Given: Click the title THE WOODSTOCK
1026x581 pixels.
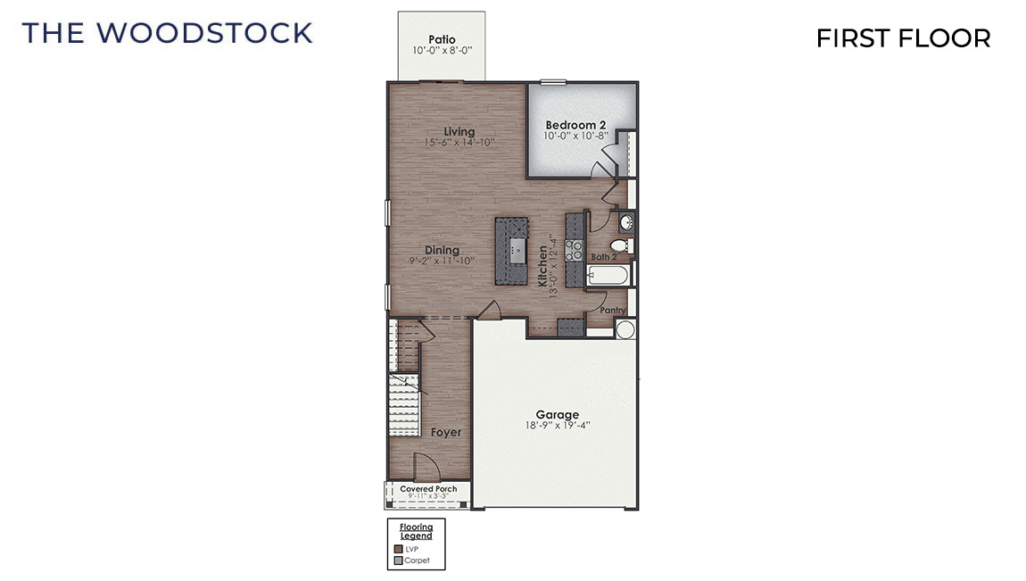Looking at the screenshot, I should tap(167, 33).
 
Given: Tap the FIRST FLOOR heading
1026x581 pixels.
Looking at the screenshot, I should tap(903, 38).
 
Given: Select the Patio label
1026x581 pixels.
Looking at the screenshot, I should tap(442, 39).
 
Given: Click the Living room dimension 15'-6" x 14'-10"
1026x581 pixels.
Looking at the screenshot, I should tap(459, 143).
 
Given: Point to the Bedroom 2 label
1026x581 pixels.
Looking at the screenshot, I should tap(575, 124).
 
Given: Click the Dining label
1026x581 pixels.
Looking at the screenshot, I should tap(442, 250).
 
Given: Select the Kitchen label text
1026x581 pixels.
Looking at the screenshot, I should tap(542, 266).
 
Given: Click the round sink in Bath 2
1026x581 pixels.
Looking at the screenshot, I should tap(626, 221).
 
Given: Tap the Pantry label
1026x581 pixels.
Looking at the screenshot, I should tap(612, 311).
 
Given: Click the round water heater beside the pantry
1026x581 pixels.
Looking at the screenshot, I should tap(625, 330).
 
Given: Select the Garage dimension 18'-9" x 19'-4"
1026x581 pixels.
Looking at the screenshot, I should tap(558, 427).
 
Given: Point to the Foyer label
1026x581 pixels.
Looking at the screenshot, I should tap(446, 432).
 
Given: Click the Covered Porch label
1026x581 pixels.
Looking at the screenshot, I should tap(428, 489).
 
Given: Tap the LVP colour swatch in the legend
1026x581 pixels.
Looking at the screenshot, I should tap(398, 549).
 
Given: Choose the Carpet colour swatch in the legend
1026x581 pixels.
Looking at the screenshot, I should tap(398, 560).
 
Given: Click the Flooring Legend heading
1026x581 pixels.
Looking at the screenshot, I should tap(416, 532).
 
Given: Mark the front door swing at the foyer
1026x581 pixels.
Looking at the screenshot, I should tap(426, 466).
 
